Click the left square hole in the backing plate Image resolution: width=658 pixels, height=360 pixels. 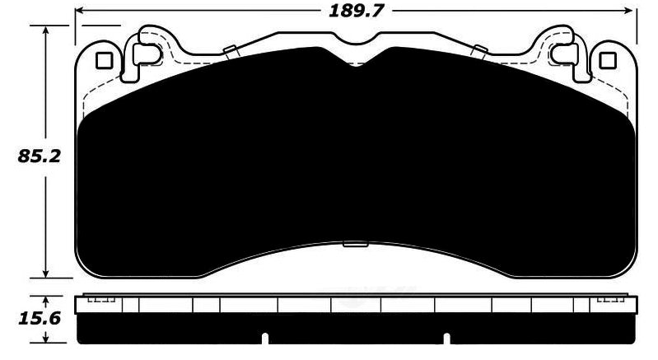[x=105, y=60]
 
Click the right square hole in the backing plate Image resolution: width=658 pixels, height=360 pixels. [x=608, y=60]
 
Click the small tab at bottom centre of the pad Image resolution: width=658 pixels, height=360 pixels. [x=355, y=243]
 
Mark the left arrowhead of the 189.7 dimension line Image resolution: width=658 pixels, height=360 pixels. [x=81, y=12]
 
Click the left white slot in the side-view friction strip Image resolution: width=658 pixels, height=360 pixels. [x=265, y=338]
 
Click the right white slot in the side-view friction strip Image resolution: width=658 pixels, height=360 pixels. [x=446, y=338]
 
